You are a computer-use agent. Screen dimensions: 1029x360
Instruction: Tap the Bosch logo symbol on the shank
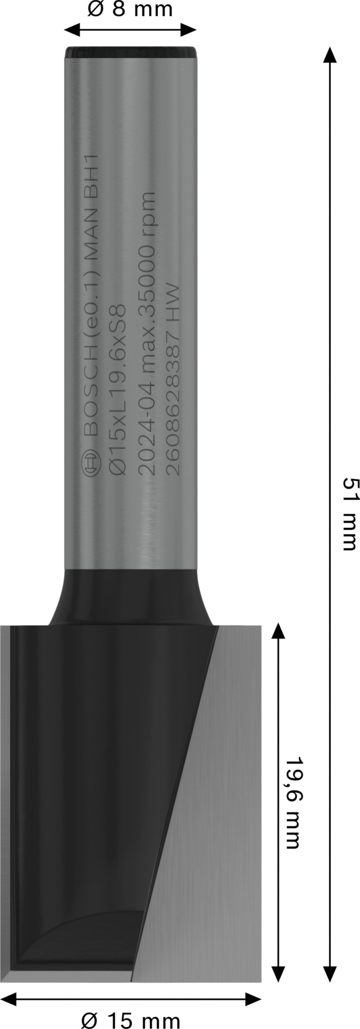pyautogui.click(x=91, y=464)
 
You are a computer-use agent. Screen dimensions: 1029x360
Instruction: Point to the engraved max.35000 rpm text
pyautogui.click(x=147, y=273)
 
